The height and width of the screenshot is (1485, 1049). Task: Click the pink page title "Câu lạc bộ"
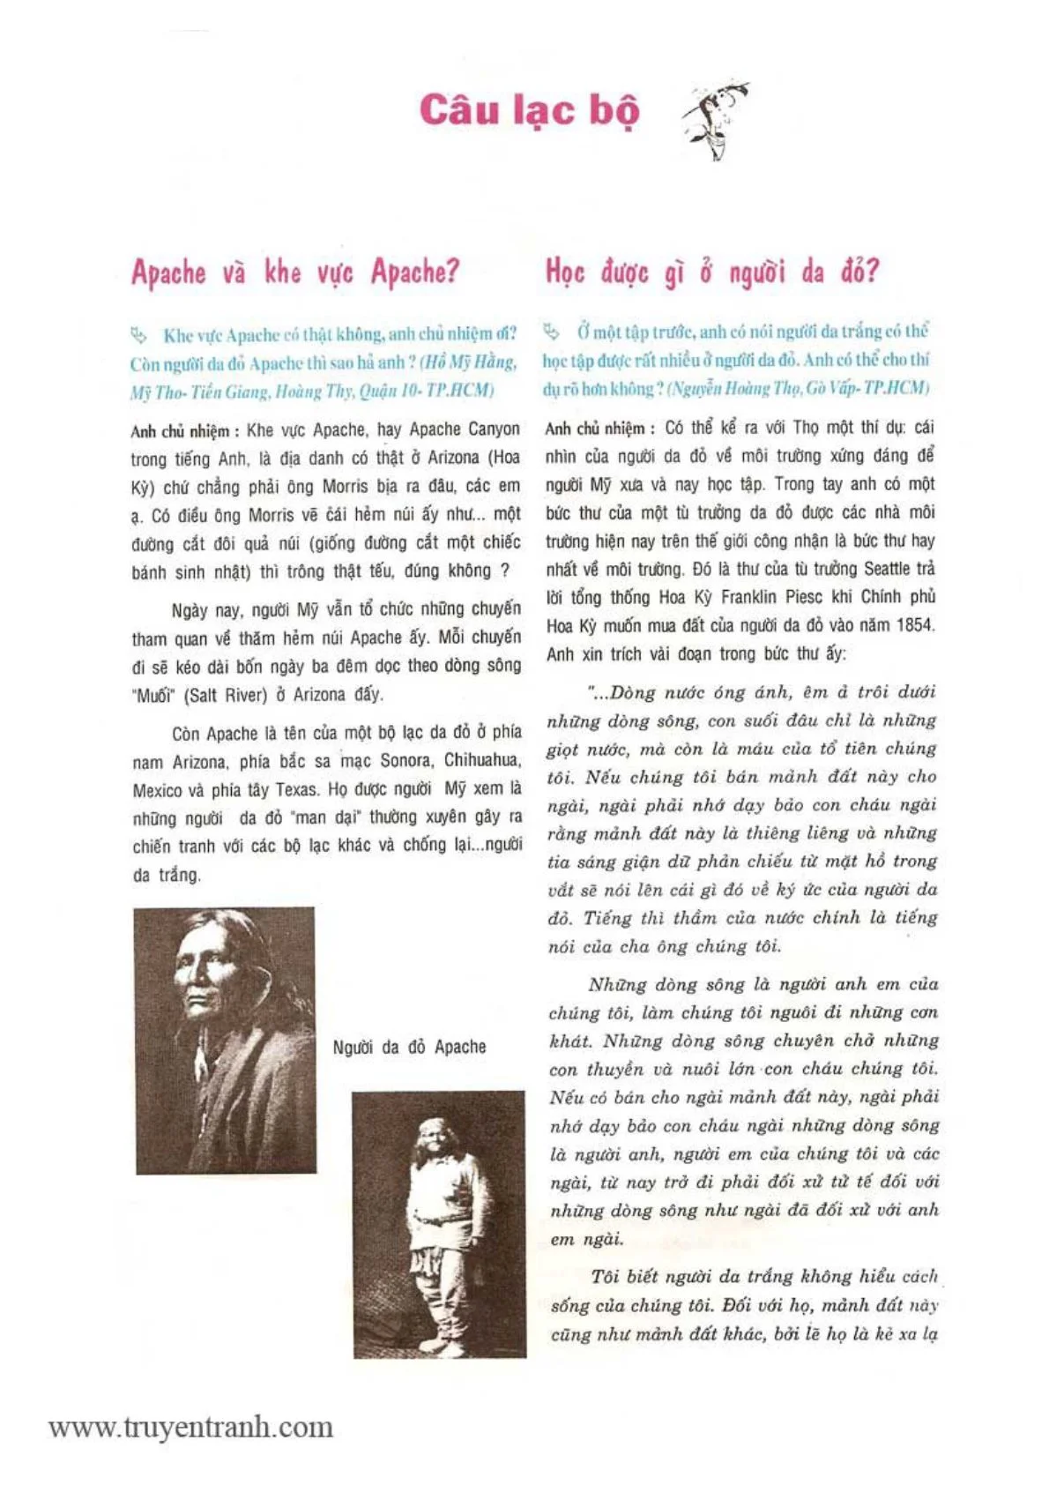(x=529, y=112)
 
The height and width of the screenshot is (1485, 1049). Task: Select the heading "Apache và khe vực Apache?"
(x=295, y=272)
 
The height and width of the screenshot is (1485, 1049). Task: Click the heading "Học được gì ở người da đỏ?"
(x=712, y=272)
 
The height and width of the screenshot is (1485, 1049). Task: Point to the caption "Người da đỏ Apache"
(x=409, y=1047)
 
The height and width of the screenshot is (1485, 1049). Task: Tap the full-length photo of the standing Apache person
(x=438, y=1224)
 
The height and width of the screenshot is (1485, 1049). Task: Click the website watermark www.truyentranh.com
(x=190, y=1427)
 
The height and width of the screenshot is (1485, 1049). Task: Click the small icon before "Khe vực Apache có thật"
(x=138, y=334)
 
